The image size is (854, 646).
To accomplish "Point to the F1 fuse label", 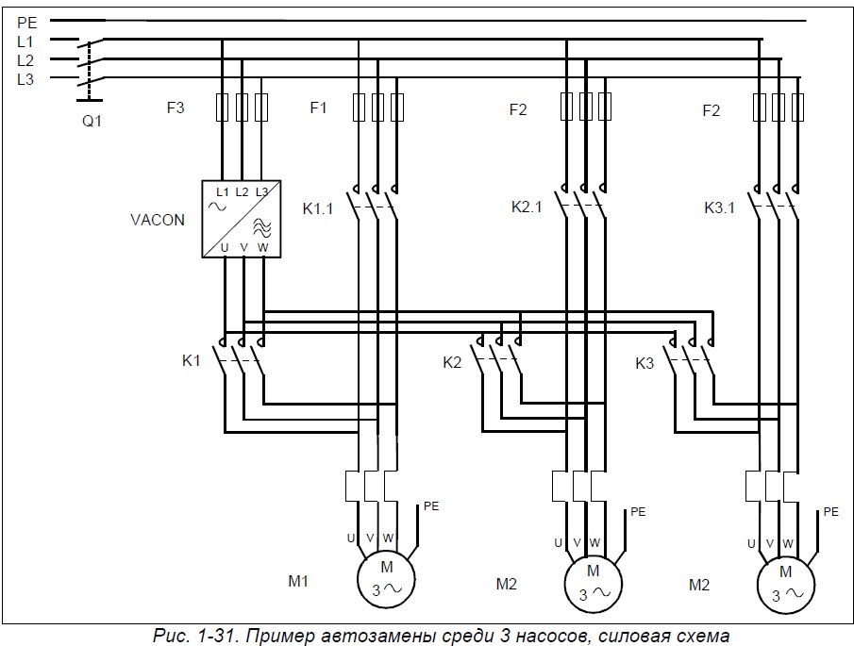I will pyautogui.click(x=318, y=108).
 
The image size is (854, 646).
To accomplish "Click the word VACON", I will pyautogui.click(x=158, y=220).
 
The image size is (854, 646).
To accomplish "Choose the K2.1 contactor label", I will pyautogui.click(x=527, y=207).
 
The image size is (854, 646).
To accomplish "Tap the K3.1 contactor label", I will pyautogui.click(x=720, y=207).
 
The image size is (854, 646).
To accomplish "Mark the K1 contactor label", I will pyautogui.click(x=191, y=360).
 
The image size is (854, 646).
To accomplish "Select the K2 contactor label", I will pyautogui.click(x=453, y=362).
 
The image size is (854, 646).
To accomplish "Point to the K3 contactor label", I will pyautogui.click(x=645, y=362).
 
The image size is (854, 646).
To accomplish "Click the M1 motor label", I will pyautogui.click(x=298, y=581).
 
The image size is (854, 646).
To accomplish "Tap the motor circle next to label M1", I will pyautogui.click(x=386, y=577).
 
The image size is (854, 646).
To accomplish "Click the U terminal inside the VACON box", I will pyautogui.click(x=224, y=247).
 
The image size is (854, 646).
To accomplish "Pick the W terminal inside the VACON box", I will pyautogui.click(x=263, y=247).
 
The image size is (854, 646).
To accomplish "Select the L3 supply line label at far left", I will pyautogui.click(x=25, y=79).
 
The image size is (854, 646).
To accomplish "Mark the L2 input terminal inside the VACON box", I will pyautogui.click(x=243, y=191).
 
